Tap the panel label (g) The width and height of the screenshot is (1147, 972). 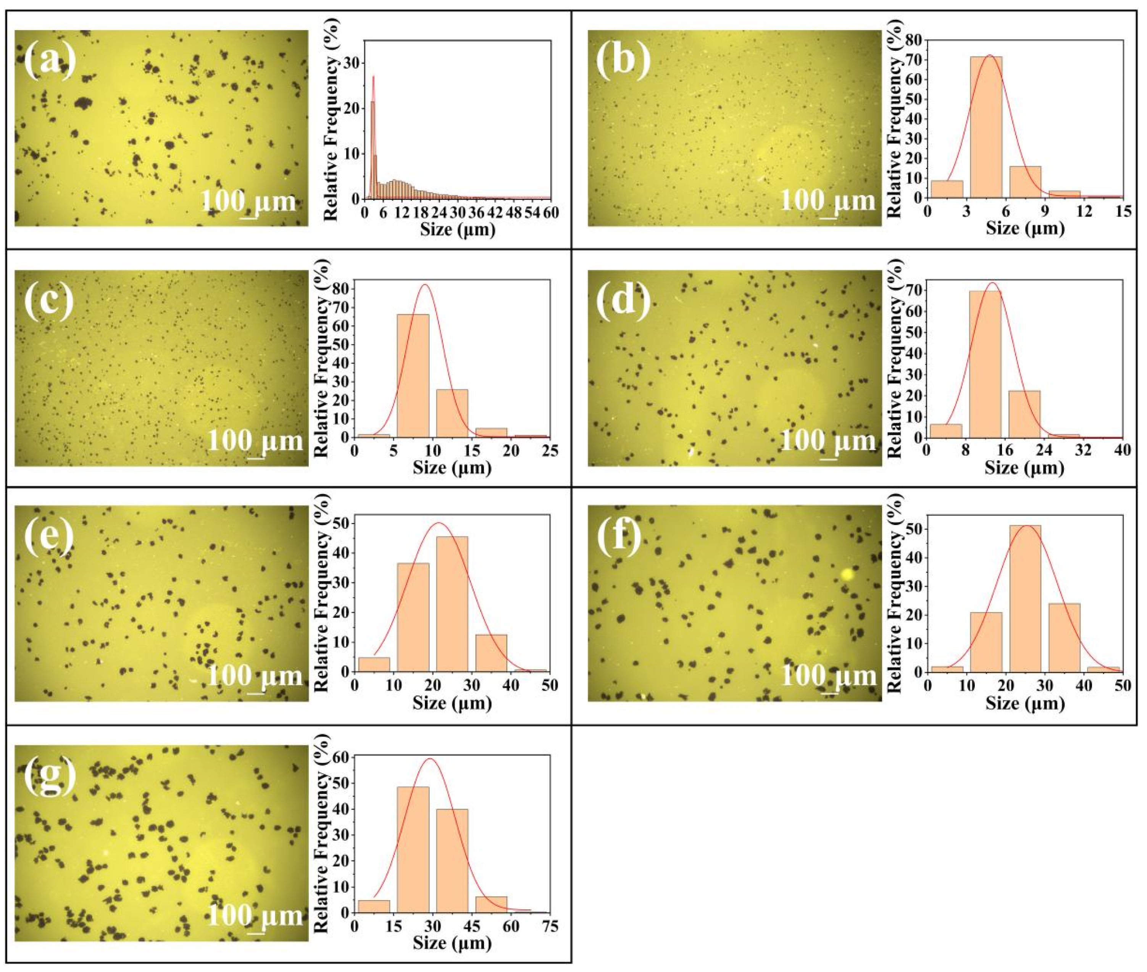50,777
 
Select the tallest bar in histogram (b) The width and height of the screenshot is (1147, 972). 986,127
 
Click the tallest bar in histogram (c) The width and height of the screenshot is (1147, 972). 413,375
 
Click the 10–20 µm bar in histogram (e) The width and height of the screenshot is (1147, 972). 413,617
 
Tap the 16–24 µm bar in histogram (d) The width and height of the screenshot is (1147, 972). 1024,414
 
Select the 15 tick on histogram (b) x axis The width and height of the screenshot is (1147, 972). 1123,211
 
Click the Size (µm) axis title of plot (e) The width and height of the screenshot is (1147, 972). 452,703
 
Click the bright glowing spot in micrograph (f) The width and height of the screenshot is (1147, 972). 847,575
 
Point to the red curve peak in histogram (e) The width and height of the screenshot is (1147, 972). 439,522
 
